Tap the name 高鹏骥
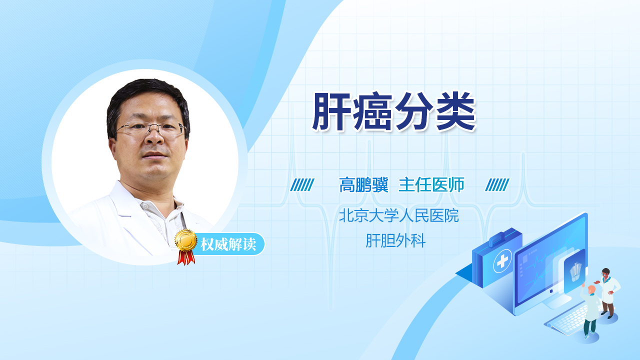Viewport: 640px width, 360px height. coord(363,185)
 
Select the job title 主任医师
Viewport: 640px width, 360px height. coord(431,185)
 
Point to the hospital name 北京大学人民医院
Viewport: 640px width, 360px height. coord(399,215)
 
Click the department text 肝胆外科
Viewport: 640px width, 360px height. coord(395,240)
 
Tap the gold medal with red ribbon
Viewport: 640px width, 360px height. coord(186,247)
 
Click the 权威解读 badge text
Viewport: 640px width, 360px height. coord(228,244)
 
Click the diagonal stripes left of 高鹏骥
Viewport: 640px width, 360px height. coord(302,185)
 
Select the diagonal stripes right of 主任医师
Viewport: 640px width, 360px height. coord(497,185)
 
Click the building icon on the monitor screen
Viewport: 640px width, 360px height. coord(575,271)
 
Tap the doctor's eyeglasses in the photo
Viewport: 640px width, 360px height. coord(151,128)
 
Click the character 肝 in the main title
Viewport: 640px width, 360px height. coord(331,111)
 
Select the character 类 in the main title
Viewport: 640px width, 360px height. coord(456,111)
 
